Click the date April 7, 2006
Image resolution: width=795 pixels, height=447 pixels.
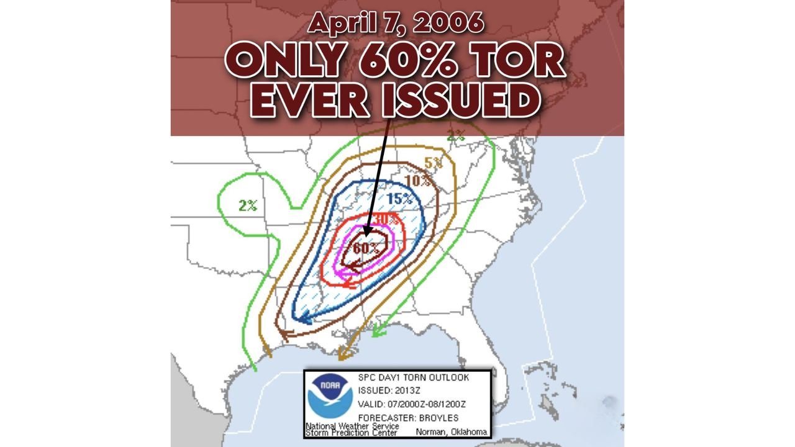(396, 24)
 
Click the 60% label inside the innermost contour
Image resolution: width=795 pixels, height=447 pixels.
(366, 248)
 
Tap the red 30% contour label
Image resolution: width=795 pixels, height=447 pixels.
(386, 219)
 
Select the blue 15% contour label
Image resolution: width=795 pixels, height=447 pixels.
(399, 199)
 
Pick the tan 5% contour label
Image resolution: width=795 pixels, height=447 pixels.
(434, 163)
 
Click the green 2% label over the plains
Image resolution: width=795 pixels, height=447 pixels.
(248, 205)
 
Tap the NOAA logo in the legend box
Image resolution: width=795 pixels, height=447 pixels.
(330, 395)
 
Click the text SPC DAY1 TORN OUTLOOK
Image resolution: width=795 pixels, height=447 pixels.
(414, 377)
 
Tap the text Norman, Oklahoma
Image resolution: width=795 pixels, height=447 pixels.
(452, 432)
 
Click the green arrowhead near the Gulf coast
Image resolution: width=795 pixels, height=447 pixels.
(376, 333)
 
